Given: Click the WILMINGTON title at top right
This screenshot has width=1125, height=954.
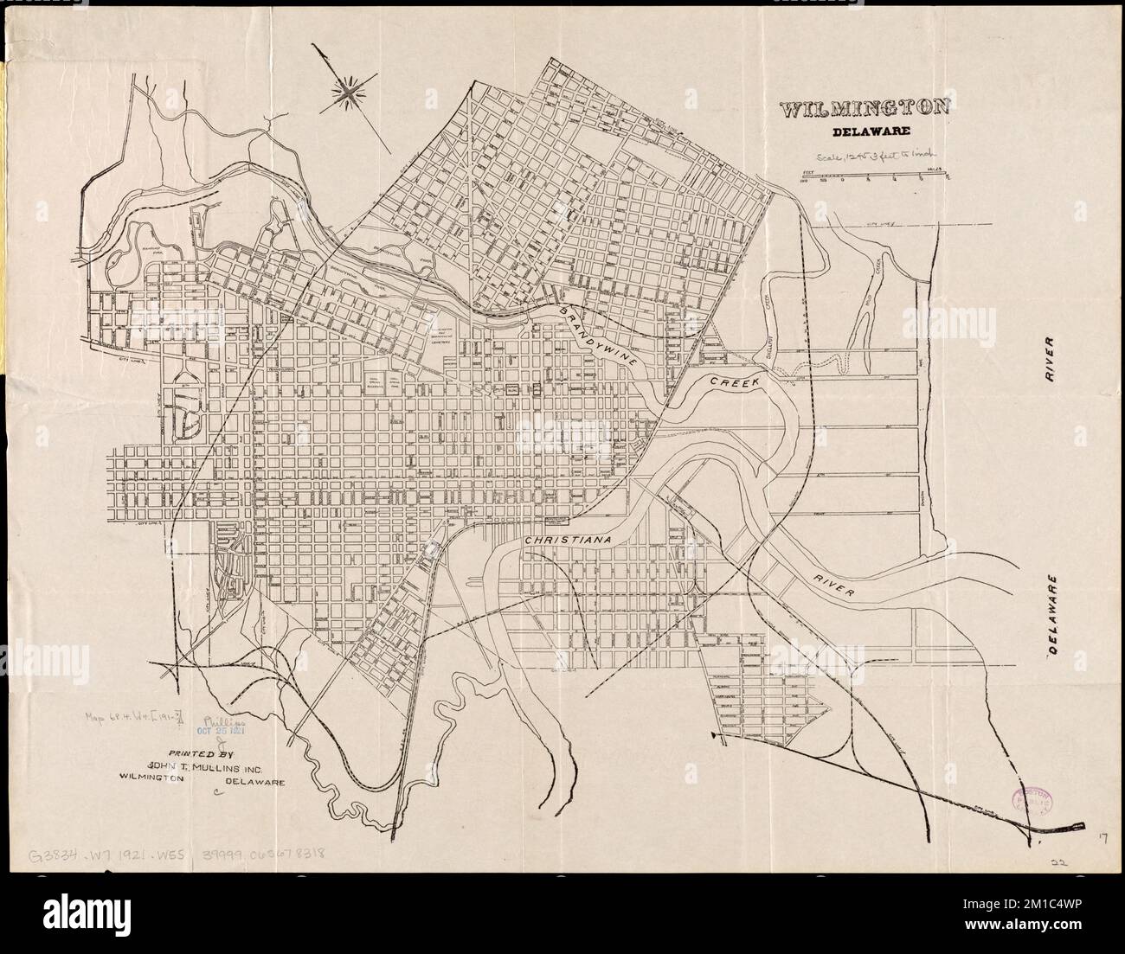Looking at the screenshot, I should tap(864, 111).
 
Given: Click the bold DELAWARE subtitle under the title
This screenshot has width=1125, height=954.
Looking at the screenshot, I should tap(864, 133).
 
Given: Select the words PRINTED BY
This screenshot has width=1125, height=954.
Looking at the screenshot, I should tap(194, 752).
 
